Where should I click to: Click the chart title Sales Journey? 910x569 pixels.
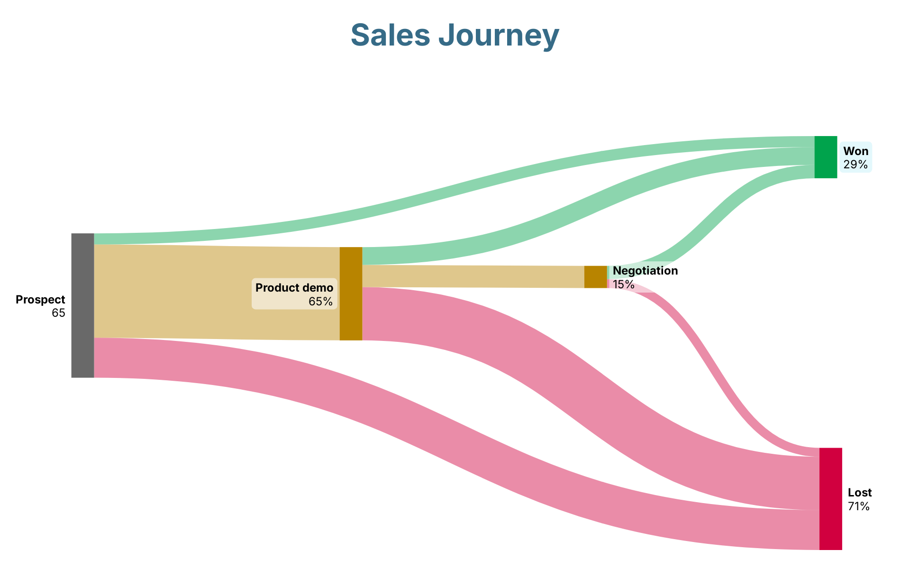click(455, 36)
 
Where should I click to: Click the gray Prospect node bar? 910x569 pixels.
click(82, 305)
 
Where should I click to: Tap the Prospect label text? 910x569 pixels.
click(40, 300)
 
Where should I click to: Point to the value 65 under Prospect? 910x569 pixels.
click(58, 313)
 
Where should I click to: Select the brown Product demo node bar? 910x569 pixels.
click(351, 294)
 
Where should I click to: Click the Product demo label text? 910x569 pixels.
click(294, 288)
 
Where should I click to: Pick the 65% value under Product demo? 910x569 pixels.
click(320, 302)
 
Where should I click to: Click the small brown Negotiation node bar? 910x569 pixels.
click(595, 277)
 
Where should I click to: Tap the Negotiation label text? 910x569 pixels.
click(645, 271)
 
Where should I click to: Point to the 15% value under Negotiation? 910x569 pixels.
click(623, 284)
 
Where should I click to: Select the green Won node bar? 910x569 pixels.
click(826, 157)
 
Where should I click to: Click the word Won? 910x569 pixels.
click(856, 151)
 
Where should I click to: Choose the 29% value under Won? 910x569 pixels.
click(855, 165)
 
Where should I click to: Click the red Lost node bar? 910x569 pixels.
click(830, 498)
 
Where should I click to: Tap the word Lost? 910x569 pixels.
click(860, 493)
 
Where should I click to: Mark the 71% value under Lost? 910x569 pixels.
click(859, 506)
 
